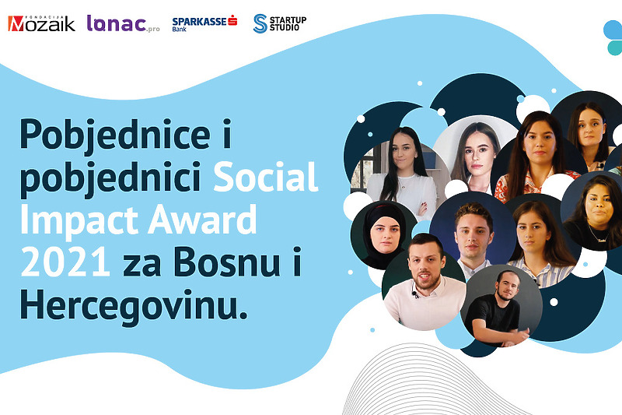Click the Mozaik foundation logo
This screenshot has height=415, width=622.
41,23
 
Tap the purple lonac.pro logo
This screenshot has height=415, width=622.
123,23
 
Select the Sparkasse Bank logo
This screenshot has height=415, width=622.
204,23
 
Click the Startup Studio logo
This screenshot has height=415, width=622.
280,23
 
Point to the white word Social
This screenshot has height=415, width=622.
266,177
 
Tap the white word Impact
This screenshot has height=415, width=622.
79,220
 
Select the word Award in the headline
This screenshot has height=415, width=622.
202,220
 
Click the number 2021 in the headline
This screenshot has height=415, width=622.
65,262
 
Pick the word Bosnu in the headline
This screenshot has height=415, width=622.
227,262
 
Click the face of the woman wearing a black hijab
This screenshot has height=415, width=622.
385,234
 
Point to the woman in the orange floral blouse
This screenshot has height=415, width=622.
535,159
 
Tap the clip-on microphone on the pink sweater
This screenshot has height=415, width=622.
414,294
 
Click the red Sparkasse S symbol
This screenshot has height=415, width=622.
232,20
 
